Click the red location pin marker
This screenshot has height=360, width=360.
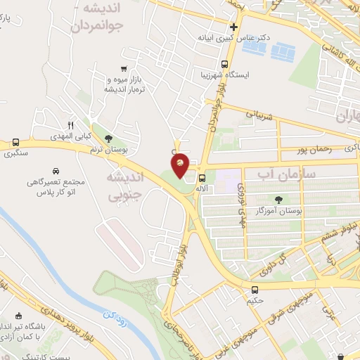coord(180,165)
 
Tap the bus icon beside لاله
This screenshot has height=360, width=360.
coord(202,178)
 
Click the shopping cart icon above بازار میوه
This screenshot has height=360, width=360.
coord(124,69)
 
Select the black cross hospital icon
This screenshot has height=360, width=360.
coord(234,28)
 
